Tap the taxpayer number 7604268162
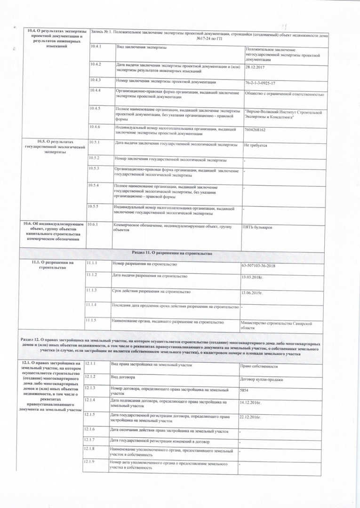[x=255, y=129]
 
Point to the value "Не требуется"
[x=256, y=145]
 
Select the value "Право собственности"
[x=258, y=366]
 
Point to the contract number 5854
[x=244, y=390]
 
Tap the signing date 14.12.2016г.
[x=250, y=403]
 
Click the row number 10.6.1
[x=92, y=224]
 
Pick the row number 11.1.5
[x=91, y=321]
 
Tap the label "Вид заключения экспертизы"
[x=141, y=48]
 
